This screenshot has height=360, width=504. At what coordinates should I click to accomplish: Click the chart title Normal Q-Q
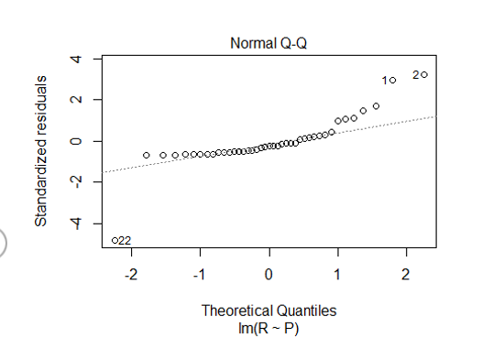(268, 43)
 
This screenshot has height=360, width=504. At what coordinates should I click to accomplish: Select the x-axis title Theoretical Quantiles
(268, 311)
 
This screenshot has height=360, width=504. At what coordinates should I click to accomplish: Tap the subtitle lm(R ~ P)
(268, 328)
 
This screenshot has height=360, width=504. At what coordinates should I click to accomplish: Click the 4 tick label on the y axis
(79, 59)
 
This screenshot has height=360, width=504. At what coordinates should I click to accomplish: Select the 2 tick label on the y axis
(79, 100)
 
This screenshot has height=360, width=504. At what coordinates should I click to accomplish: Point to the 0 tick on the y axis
(79, 141)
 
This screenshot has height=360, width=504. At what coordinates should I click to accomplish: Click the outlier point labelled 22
(115, 240)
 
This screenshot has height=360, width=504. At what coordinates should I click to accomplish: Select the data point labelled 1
(392, 81)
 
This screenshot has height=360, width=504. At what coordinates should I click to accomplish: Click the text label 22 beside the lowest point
(126, 241)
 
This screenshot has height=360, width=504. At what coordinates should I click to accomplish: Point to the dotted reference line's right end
(436, 116)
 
